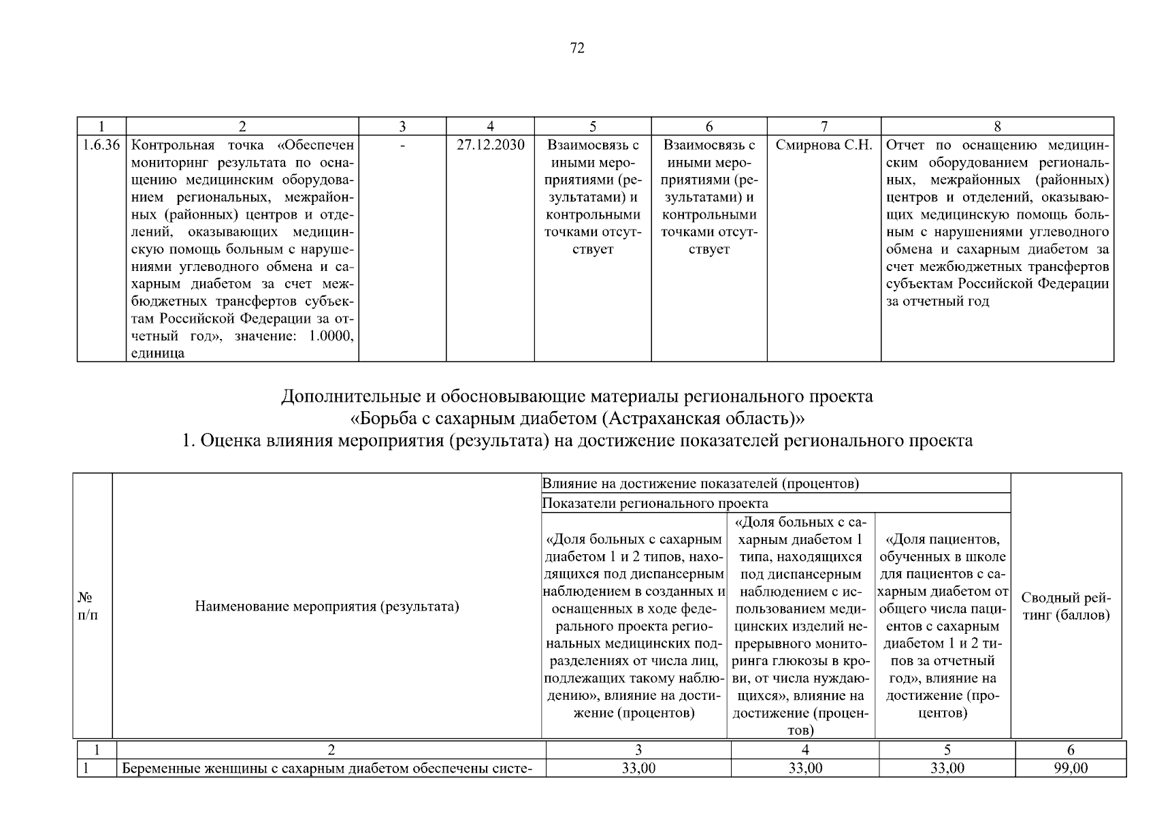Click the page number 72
click(576, 48)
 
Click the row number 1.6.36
click(101, 146)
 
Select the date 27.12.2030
click(490, 146)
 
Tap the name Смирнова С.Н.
click(824, 146)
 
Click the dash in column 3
click(402, 146)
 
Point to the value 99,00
click(1071, 769)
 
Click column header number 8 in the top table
click(997, 127)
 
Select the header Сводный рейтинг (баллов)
click(1066, 607)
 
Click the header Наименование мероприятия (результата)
click(327, 606)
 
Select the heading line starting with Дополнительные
click(576, 396)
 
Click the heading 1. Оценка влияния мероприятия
click(576, 441)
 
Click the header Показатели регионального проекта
click(655, 504)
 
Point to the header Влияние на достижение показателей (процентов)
click(700, 484)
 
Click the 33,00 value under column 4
click(805, 769)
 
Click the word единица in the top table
click(157, 354)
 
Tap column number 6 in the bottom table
click(1071, 750)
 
